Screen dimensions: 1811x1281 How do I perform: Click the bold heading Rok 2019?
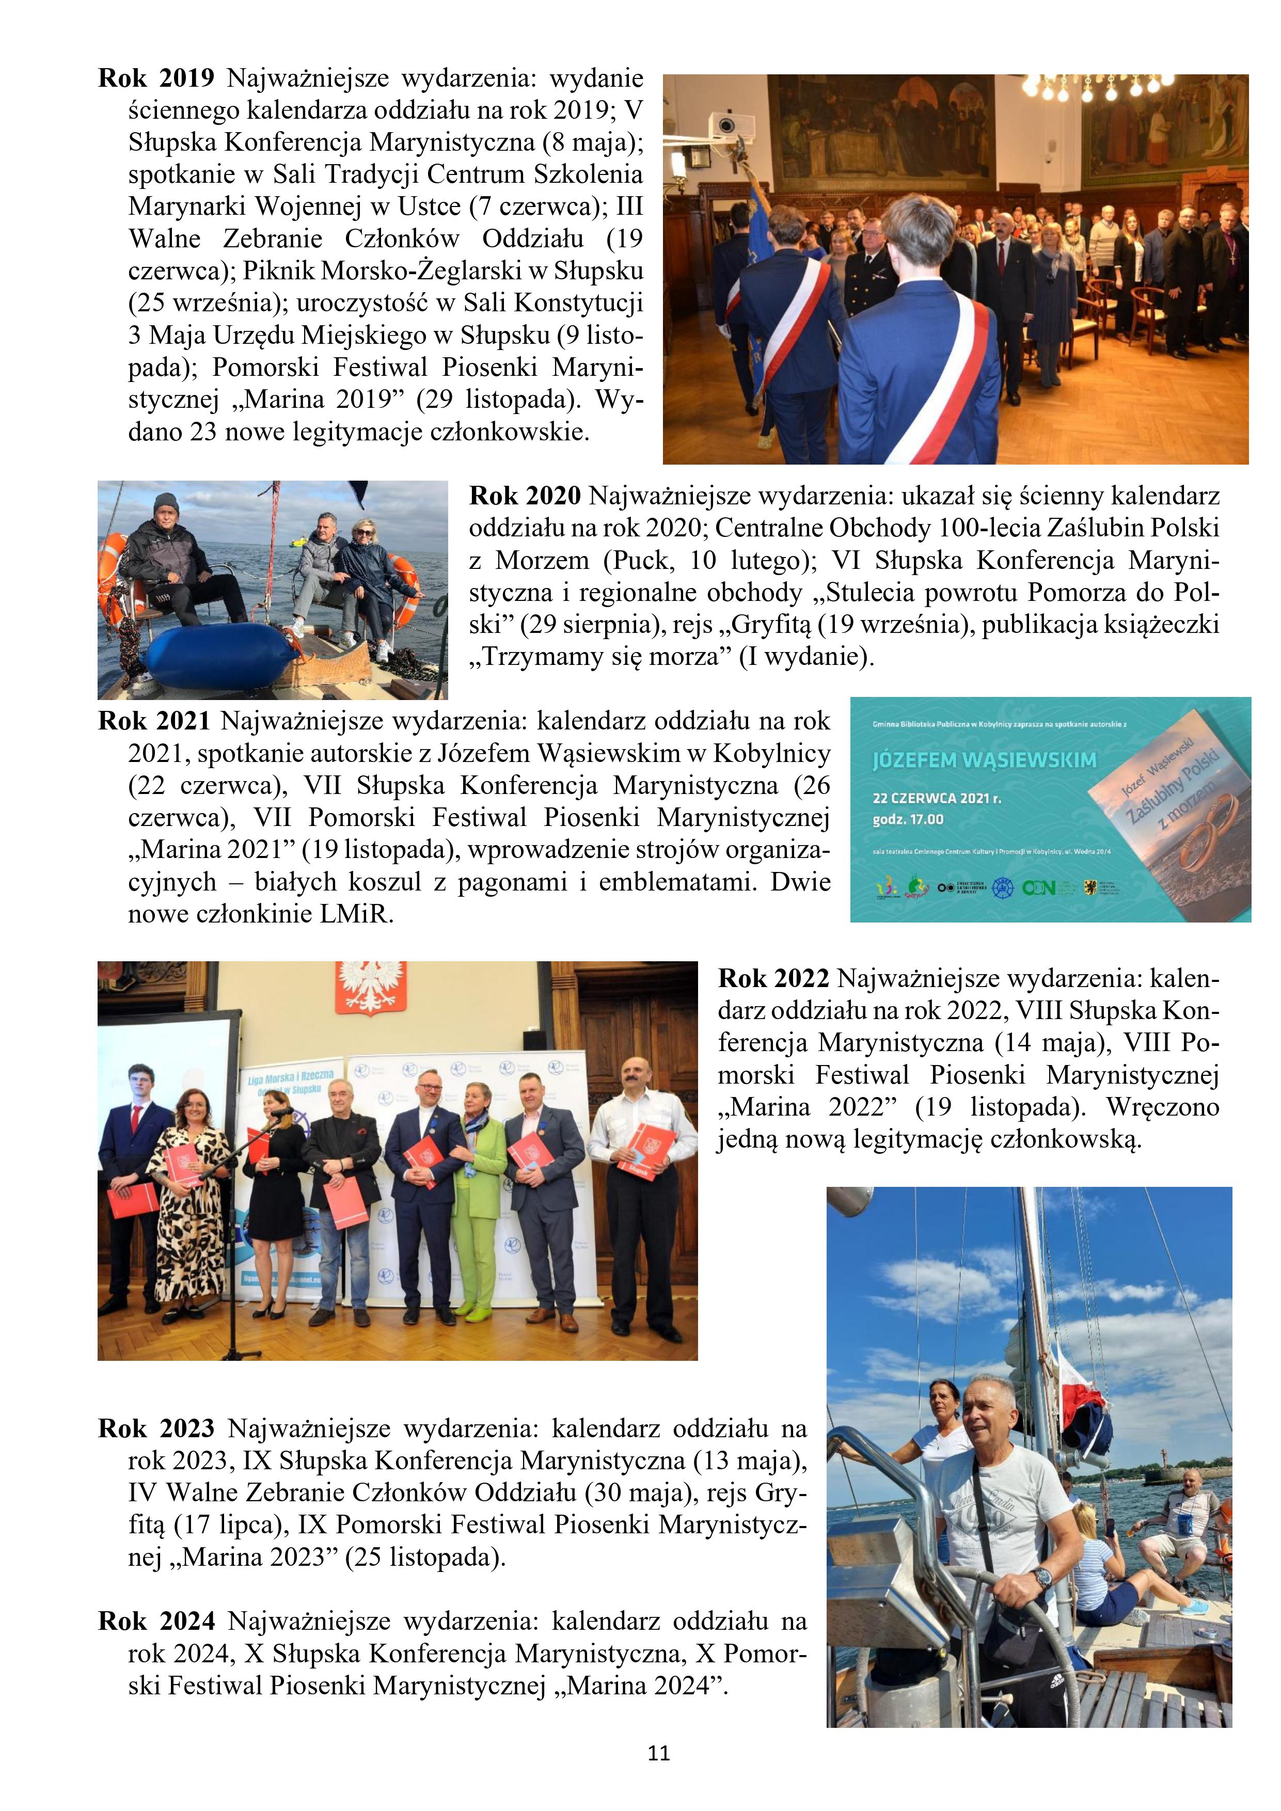tap(156, 78)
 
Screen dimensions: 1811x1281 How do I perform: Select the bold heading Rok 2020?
tap(525, 496)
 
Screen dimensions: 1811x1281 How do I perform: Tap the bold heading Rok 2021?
tap(154, 721)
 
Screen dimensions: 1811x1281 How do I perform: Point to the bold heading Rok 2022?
tap(773, 978)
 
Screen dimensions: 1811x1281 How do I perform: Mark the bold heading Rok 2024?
tap(156, 1621)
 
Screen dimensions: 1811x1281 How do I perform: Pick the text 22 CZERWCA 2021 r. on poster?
tap(936, 798)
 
